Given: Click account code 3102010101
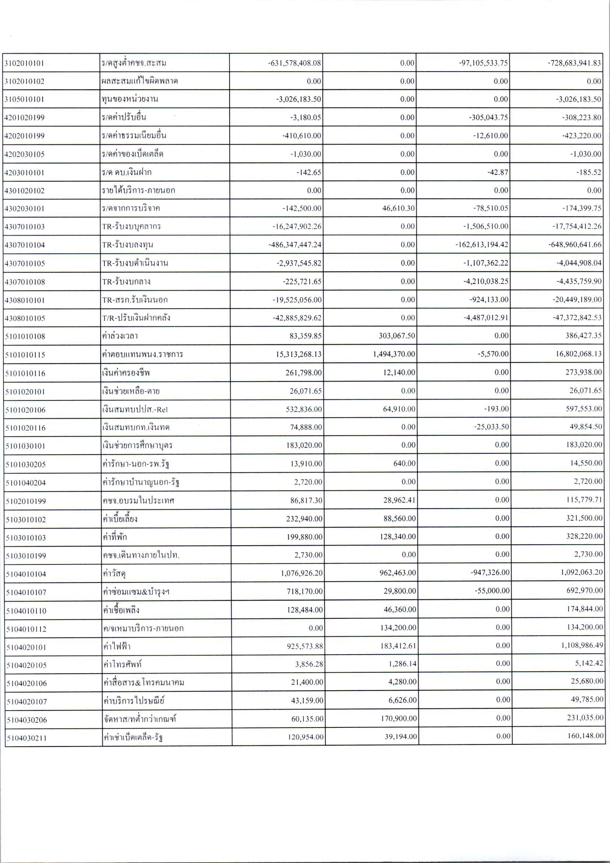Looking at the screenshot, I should [24, 63].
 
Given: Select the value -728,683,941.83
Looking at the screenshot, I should [574, 63].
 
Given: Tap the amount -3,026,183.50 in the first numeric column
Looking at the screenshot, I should [300, 99].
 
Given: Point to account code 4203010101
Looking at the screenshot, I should [24, 173].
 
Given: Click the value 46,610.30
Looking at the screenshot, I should [399, 208].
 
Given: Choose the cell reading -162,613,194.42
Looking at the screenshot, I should [482, 245].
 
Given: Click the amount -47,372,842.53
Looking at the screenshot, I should [577, 318].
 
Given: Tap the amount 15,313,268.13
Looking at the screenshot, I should [299, 354].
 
